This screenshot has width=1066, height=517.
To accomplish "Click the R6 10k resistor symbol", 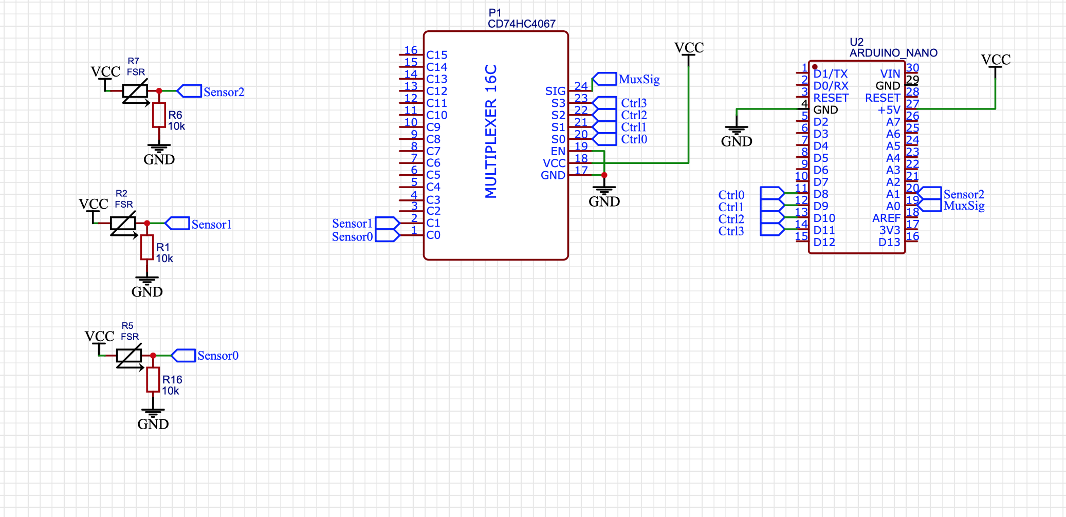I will pyautogui.click(x=159, y=115).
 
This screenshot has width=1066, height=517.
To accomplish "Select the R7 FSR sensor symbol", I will pyautogui.click(x=135, y=91).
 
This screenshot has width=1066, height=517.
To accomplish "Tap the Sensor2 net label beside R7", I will pyautogui.click(x=224, y=92).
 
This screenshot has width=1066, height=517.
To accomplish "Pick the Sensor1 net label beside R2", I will pyautogui.click(x=211, y=225).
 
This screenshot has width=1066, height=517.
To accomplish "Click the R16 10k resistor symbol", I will pyautogui.click(x=153, y=380).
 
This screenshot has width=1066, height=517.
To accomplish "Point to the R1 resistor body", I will pyautogui.click(x=147, y=247).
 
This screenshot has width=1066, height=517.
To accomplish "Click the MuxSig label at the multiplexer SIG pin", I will pyautogui.click(x=639, y=79).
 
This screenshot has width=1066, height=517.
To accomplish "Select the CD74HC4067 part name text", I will pyautogui.click(x=521, y=24).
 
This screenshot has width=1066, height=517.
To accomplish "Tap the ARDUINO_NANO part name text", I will pyautogui.click(x=893, y=53).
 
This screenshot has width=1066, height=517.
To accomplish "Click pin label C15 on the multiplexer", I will pyautogui.click(x=437, y=55).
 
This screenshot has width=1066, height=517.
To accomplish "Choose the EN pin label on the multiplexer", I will pyautogui.click(x=558, y=151).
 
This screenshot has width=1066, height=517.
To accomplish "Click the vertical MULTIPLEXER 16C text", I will pyautogui.click(x=491, y=131).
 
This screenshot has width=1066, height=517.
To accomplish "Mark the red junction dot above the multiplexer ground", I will pyautogui.click(x=604, y=175).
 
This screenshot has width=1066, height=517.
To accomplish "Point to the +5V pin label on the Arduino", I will pyautogui.click(x=889, y=110).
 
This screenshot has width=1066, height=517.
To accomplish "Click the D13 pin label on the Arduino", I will pyautogui.click(x=889, y=243).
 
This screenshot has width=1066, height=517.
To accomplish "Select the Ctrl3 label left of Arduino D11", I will pyautogui.click(x=731, y=231).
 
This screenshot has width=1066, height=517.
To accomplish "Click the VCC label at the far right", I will pyautogui.click(x=996, y=60).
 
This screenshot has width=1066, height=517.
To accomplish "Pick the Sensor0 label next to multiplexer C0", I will pyautogui.click(x=352, y=237).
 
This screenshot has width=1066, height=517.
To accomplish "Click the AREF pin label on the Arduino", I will pyautogui.click(x=886, y=218).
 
